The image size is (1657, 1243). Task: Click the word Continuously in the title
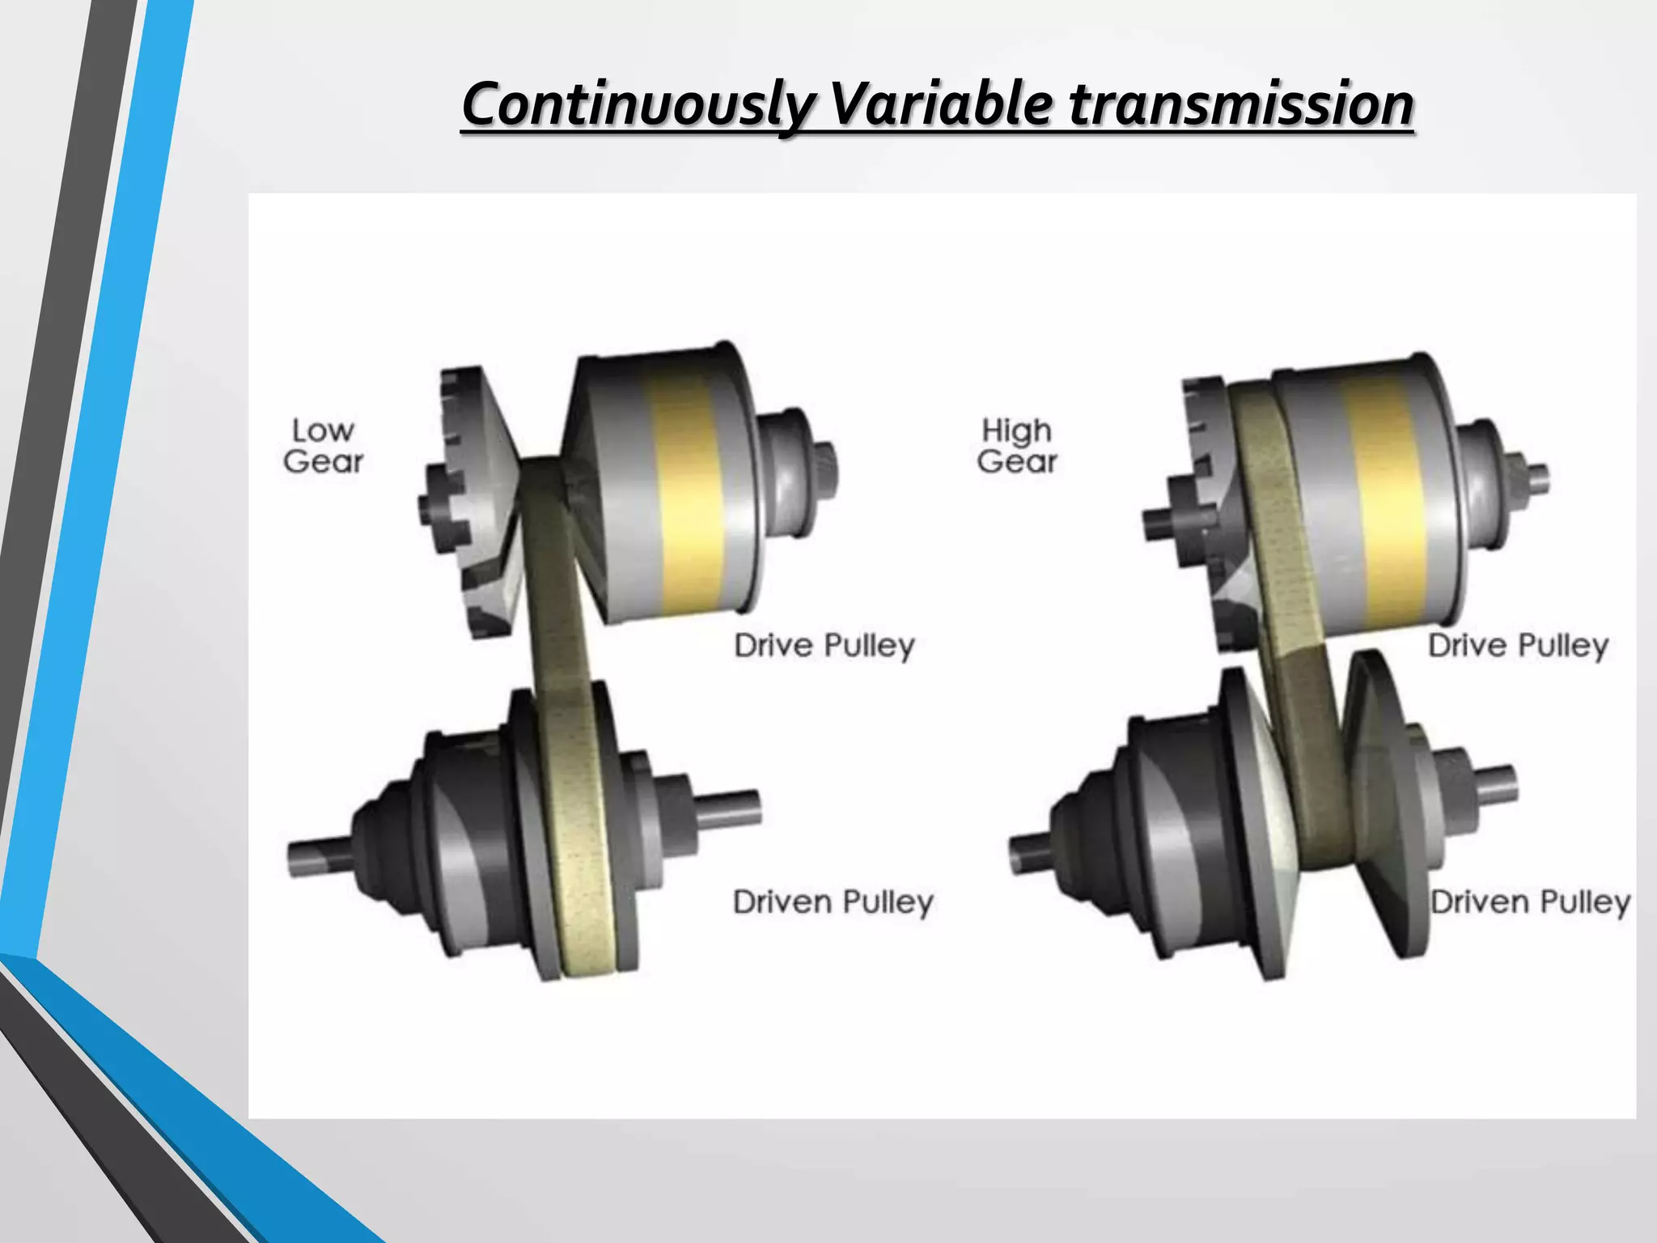coord(638,105)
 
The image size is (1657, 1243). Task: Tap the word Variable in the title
coord(942,105)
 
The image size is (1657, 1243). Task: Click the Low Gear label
coord(323,446)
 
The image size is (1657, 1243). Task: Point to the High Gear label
coord(1017,446)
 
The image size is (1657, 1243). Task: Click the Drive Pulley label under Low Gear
coord(824,646)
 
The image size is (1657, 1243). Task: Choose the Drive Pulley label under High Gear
coord(1518,646)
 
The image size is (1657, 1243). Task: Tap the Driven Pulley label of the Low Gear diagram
coord(833,901)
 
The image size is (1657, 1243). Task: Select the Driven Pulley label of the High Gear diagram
coord(1530,901)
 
